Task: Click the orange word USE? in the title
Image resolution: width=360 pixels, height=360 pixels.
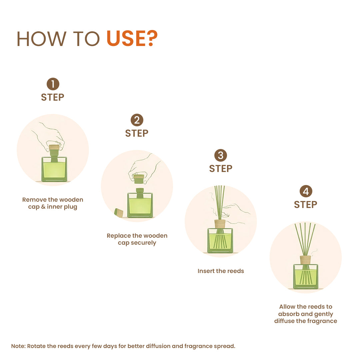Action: (x=132, y=39)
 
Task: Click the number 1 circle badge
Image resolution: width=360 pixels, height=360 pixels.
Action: (x=53, y=84)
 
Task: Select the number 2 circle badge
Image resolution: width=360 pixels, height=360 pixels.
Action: (x=137, y=120)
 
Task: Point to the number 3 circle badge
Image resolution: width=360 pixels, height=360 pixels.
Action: (x=221, y=156)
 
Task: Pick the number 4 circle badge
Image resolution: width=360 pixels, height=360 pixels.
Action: (x=306, y=191)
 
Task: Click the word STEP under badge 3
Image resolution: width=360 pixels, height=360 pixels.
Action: (x=221, y=169)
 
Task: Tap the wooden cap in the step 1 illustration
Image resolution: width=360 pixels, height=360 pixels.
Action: (x=54, y=147)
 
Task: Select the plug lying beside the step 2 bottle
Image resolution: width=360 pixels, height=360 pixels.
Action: (x=119, y=212)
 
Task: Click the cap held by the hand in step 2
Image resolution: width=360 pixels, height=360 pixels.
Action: (x=139, y=179)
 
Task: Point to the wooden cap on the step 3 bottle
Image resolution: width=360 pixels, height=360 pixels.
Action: (x=220, y=223)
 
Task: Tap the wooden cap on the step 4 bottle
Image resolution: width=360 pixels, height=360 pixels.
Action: (x=305, y=260)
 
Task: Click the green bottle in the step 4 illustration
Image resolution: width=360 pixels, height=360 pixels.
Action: (x=306, y=277)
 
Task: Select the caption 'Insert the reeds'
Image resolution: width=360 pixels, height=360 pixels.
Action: (x=221, y=271)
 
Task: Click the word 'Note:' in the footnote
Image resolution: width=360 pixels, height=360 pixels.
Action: (x=18, y=346)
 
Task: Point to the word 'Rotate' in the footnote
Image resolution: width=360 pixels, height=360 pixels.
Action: (x=36, y=346)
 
